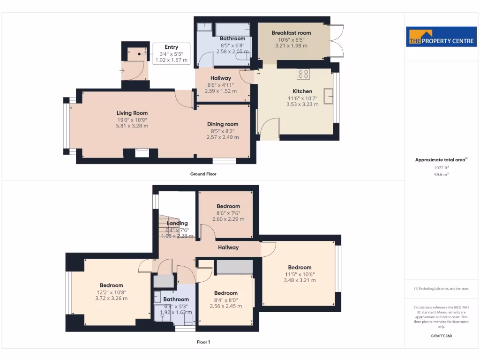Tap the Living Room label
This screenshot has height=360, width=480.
click(132, 113)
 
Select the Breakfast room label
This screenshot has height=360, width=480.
click(291, 33)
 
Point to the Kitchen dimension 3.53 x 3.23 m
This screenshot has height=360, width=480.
click(302, 105)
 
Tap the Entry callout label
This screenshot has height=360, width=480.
click(171, 47)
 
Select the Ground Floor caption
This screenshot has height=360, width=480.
click(203, 174)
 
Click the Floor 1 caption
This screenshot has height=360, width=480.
click(203, 342)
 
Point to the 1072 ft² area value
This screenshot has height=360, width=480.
click(441, 167)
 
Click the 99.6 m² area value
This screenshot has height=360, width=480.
click(441, 174)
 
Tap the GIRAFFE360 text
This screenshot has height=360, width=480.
click(441, 336)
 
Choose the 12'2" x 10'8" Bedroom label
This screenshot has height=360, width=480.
click(111, 285)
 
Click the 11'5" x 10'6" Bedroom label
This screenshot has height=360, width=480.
click(300, 268)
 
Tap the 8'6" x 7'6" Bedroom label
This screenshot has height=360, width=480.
click(228, 206)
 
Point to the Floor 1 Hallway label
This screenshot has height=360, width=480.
click(228, 247)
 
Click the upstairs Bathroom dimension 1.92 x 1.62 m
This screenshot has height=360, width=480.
click(176, 311)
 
